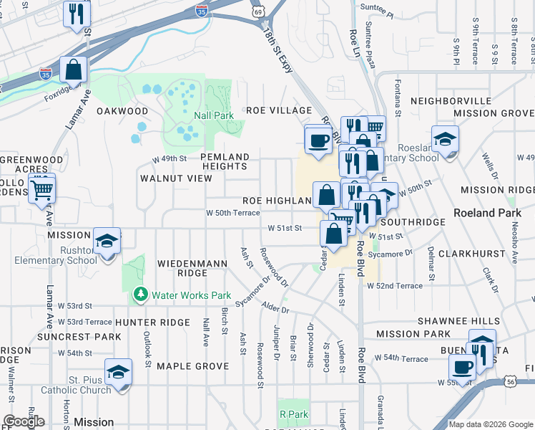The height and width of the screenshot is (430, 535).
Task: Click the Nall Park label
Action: tap(213, 115)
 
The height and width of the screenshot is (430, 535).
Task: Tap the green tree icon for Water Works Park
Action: tap(140, 295)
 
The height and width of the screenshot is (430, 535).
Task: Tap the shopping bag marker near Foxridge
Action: tap(73, 70)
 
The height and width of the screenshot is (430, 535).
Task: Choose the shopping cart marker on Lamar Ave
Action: tap(42, 190)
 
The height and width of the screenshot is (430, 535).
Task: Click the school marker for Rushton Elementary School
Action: tap(107, 242)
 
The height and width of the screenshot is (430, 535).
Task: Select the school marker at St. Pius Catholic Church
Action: tap(118, 372)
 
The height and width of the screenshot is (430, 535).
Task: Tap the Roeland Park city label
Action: tap(484, 213)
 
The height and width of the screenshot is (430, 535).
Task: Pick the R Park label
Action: tap(293, 414)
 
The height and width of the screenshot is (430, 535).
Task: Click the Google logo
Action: tap(24, 421)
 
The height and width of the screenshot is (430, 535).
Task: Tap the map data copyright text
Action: tap(490, 424)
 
